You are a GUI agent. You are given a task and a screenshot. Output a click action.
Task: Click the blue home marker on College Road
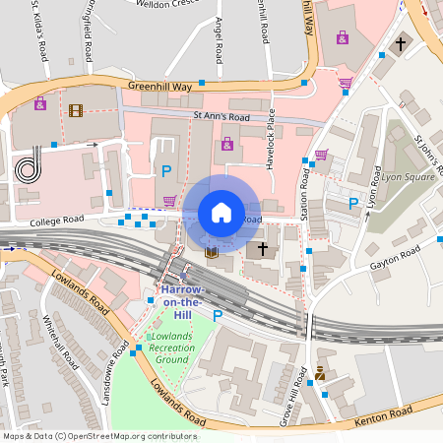click(x=221, y=212)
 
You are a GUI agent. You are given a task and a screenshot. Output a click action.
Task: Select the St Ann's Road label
click(x=221, y=118)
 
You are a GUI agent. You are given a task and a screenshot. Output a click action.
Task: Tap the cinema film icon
click(x=76, y=108)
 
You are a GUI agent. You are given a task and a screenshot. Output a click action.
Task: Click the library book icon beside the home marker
click(x=211, y=252)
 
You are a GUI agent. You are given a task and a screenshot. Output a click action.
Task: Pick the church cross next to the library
click(x=262, y=249)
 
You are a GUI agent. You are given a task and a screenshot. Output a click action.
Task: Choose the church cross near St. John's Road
click(x=400, y=44)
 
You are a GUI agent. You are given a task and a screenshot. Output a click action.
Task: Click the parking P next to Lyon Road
click(x=353, y=203)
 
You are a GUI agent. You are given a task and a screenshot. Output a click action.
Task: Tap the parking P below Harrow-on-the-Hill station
click(x=218, y=316)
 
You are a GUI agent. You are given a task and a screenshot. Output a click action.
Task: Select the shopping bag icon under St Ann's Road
click(x=227, y=144)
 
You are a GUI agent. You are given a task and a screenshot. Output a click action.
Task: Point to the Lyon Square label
click(x=408, y=177)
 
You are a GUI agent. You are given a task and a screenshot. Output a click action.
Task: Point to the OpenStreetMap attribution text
click(x=99, y=435)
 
